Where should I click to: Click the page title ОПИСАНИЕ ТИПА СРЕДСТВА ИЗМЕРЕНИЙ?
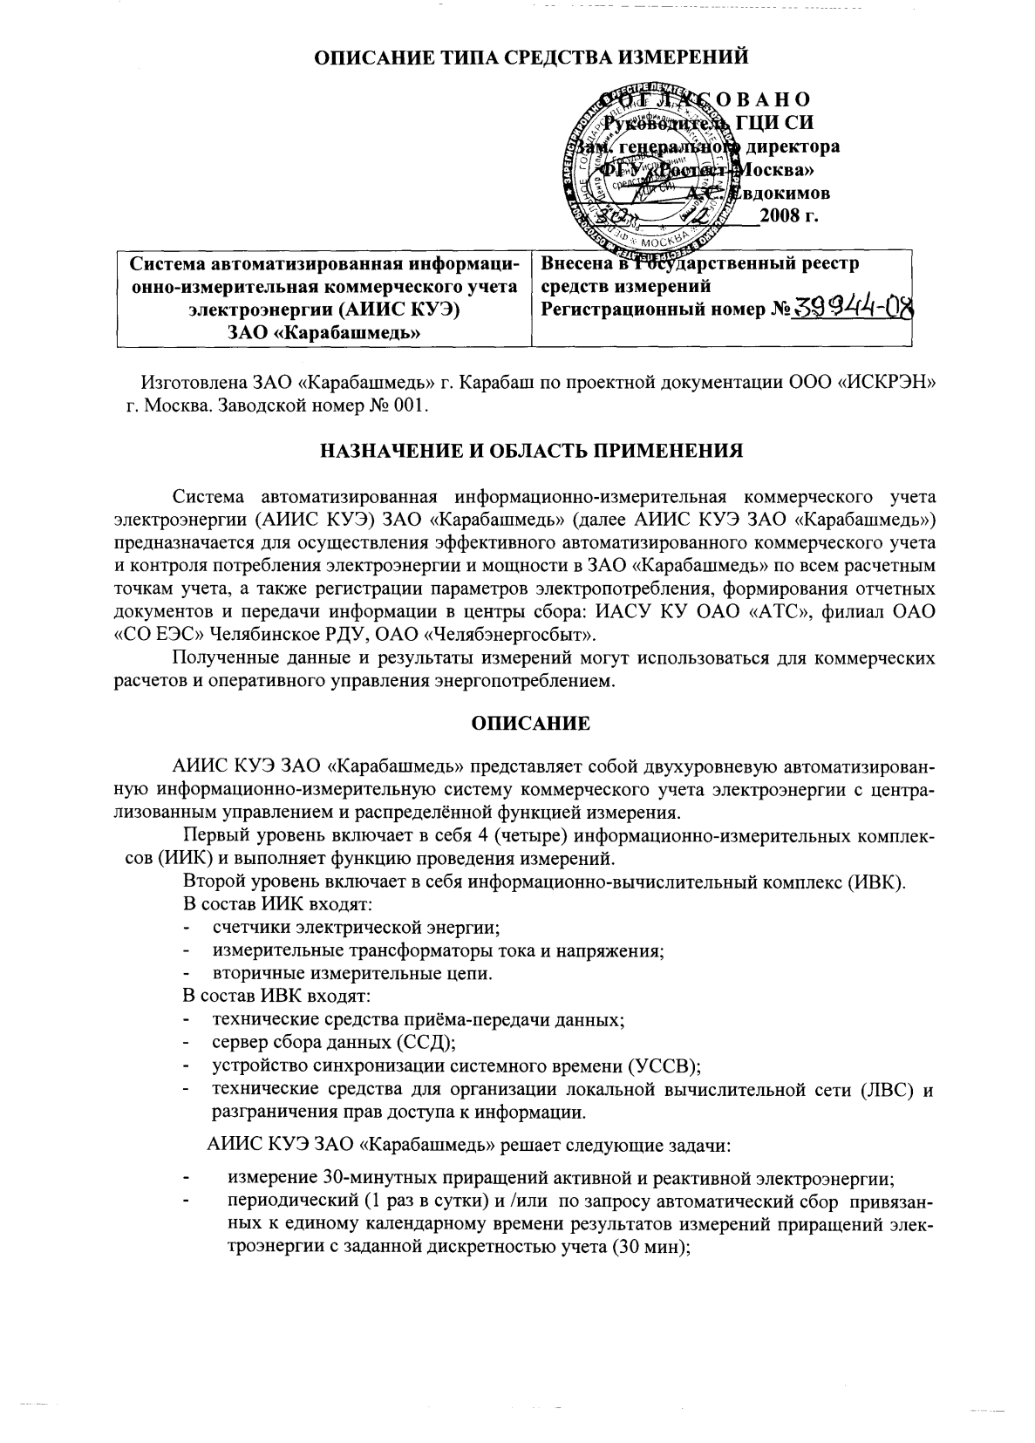tap(531, 58)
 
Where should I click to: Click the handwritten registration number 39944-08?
tap(852, 309)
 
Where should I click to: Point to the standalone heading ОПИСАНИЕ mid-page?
tap(530, 724)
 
